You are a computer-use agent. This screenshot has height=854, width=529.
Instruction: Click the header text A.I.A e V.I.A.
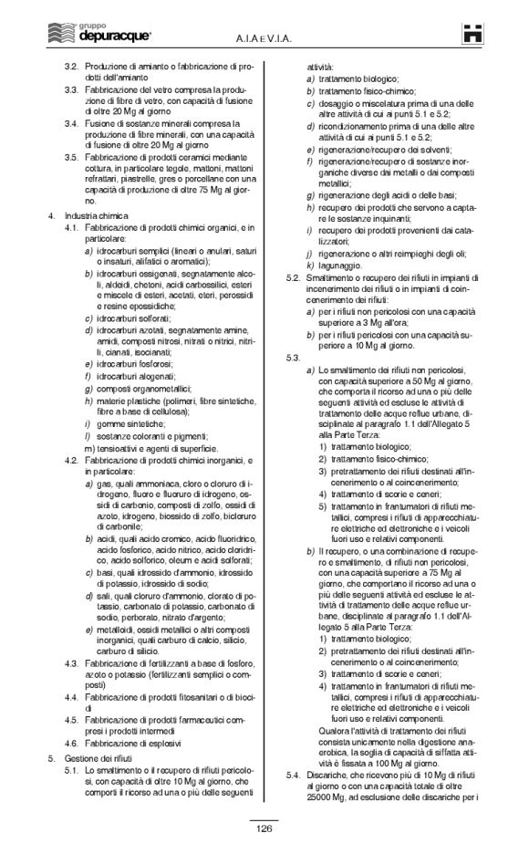[264, 36]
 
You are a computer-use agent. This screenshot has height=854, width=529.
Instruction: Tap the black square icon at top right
[471, 34]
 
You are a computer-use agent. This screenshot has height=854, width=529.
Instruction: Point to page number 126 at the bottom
[264, 828]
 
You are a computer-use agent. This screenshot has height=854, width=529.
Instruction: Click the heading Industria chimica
[96, 215]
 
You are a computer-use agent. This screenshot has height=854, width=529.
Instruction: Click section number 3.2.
[70, 67]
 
